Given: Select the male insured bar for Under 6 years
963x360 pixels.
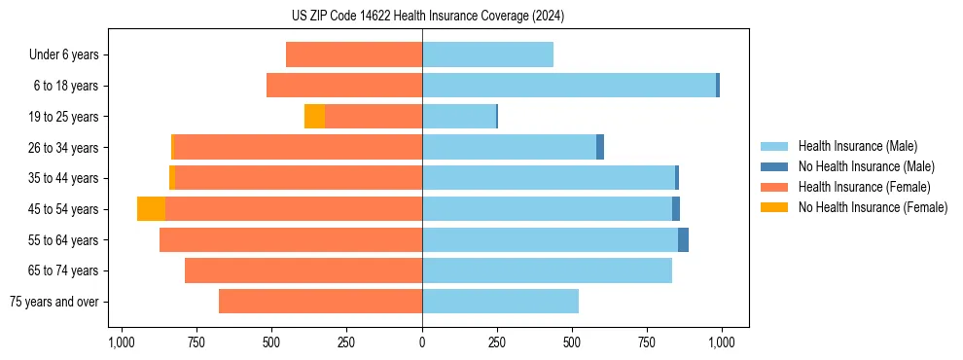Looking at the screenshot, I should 487,55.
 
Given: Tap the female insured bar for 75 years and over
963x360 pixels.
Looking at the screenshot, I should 320,302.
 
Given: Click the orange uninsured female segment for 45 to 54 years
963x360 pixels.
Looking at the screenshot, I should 151,209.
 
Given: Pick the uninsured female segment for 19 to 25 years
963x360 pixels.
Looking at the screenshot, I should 314,117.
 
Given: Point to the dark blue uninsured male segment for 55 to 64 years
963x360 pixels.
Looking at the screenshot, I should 683,240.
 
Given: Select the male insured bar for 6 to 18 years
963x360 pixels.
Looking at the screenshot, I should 568,86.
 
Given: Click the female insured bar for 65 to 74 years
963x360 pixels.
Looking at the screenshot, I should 303,270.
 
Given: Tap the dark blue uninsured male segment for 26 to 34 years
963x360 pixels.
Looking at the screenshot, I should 600,148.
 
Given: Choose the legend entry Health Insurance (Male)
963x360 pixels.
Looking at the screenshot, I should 857,146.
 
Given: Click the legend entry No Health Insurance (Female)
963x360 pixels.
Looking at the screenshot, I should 873,207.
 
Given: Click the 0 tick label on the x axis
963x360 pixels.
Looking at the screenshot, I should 422,342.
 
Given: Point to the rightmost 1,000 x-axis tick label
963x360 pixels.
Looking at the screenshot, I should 722,342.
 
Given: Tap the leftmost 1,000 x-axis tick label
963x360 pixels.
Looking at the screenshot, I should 122,342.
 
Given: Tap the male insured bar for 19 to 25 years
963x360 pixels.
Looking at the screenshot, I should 458,117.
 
